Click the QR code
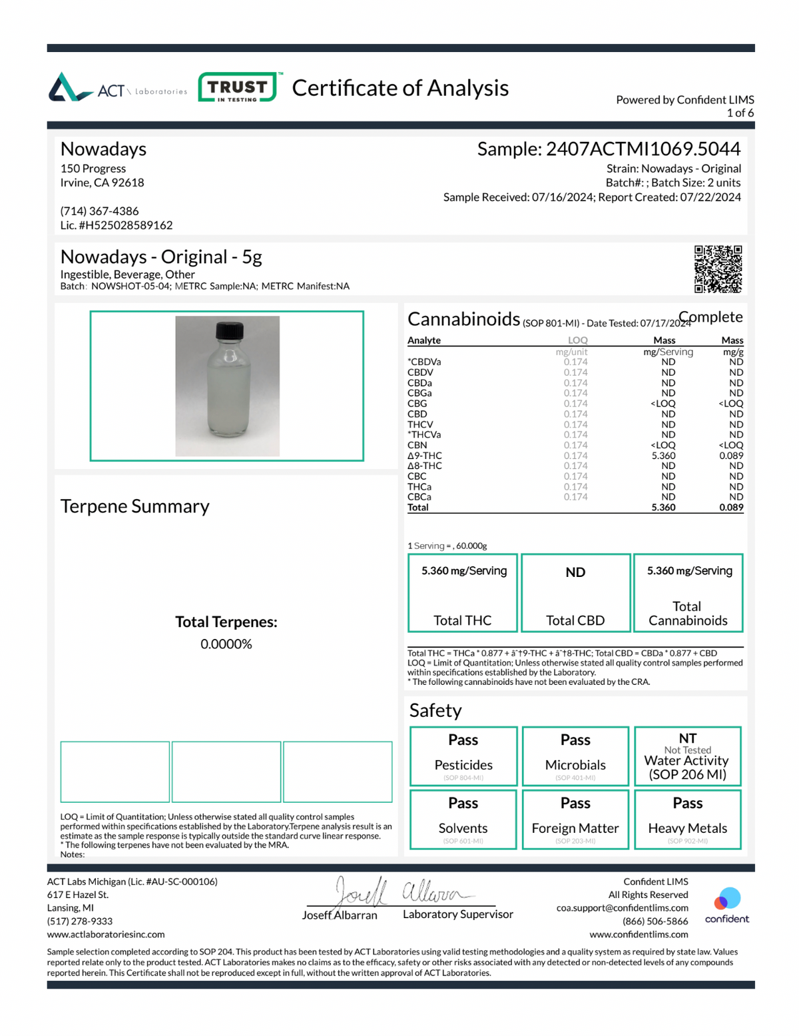718,269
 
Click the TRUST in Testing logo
238,87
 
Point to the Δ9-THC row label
425,456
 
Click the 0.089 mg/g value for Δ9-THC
731,456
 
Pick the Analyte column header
424,340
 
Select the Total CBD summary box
575,593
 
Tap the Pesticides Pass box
463,756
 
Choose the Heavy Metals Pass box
688,819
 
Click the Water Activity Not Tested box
688,756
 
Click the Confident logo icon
727,899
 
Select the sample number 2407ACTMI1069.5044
643,149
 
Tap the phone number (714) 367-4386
100,211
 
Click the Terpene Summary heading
135,506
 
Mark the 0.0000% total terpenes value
226,644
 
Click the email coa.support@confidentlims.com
622,907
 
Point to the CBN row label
417,445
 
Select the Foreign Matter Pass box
575,819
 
